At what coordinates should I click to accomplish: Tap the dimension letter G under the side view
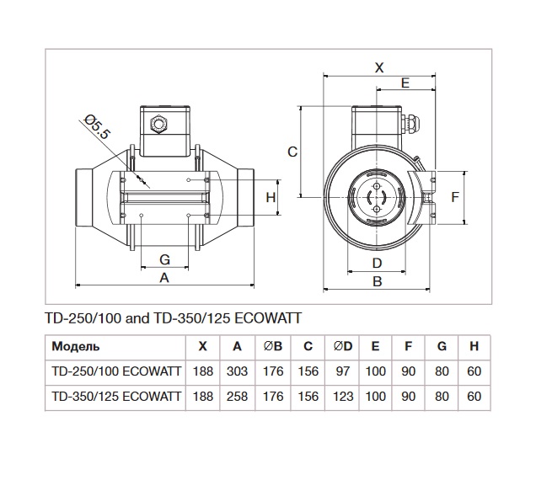click(164, 259)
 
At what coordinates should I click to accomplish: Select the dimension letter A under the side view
click(164, 278)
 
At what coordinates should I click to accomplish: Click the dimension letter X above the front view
click(378, 67)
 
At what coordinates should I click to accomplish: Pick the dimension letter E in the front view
click(405, 83)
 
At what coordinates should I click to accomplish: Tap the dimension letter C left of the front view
click(292, 152)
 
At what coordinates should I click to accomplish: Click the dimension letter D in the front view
click(377, 263)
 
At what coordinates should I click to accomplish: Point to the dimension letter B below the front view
click(378, 281)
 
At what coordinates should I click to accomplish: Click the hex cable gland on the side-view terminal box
click(157, 124)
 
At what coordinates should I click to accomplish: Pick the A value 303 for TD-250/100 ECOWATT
click(238, 371)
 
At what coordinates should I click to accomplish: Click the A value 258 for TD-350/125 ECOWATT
click(238, 395)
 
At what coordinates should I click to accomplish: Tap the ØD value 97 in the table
click(343, 371)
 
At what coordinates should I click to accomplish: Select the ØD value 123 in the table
click(343, 395)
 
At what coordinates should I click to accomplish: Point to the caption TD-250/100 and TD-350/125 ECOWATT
click(172, 318)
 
